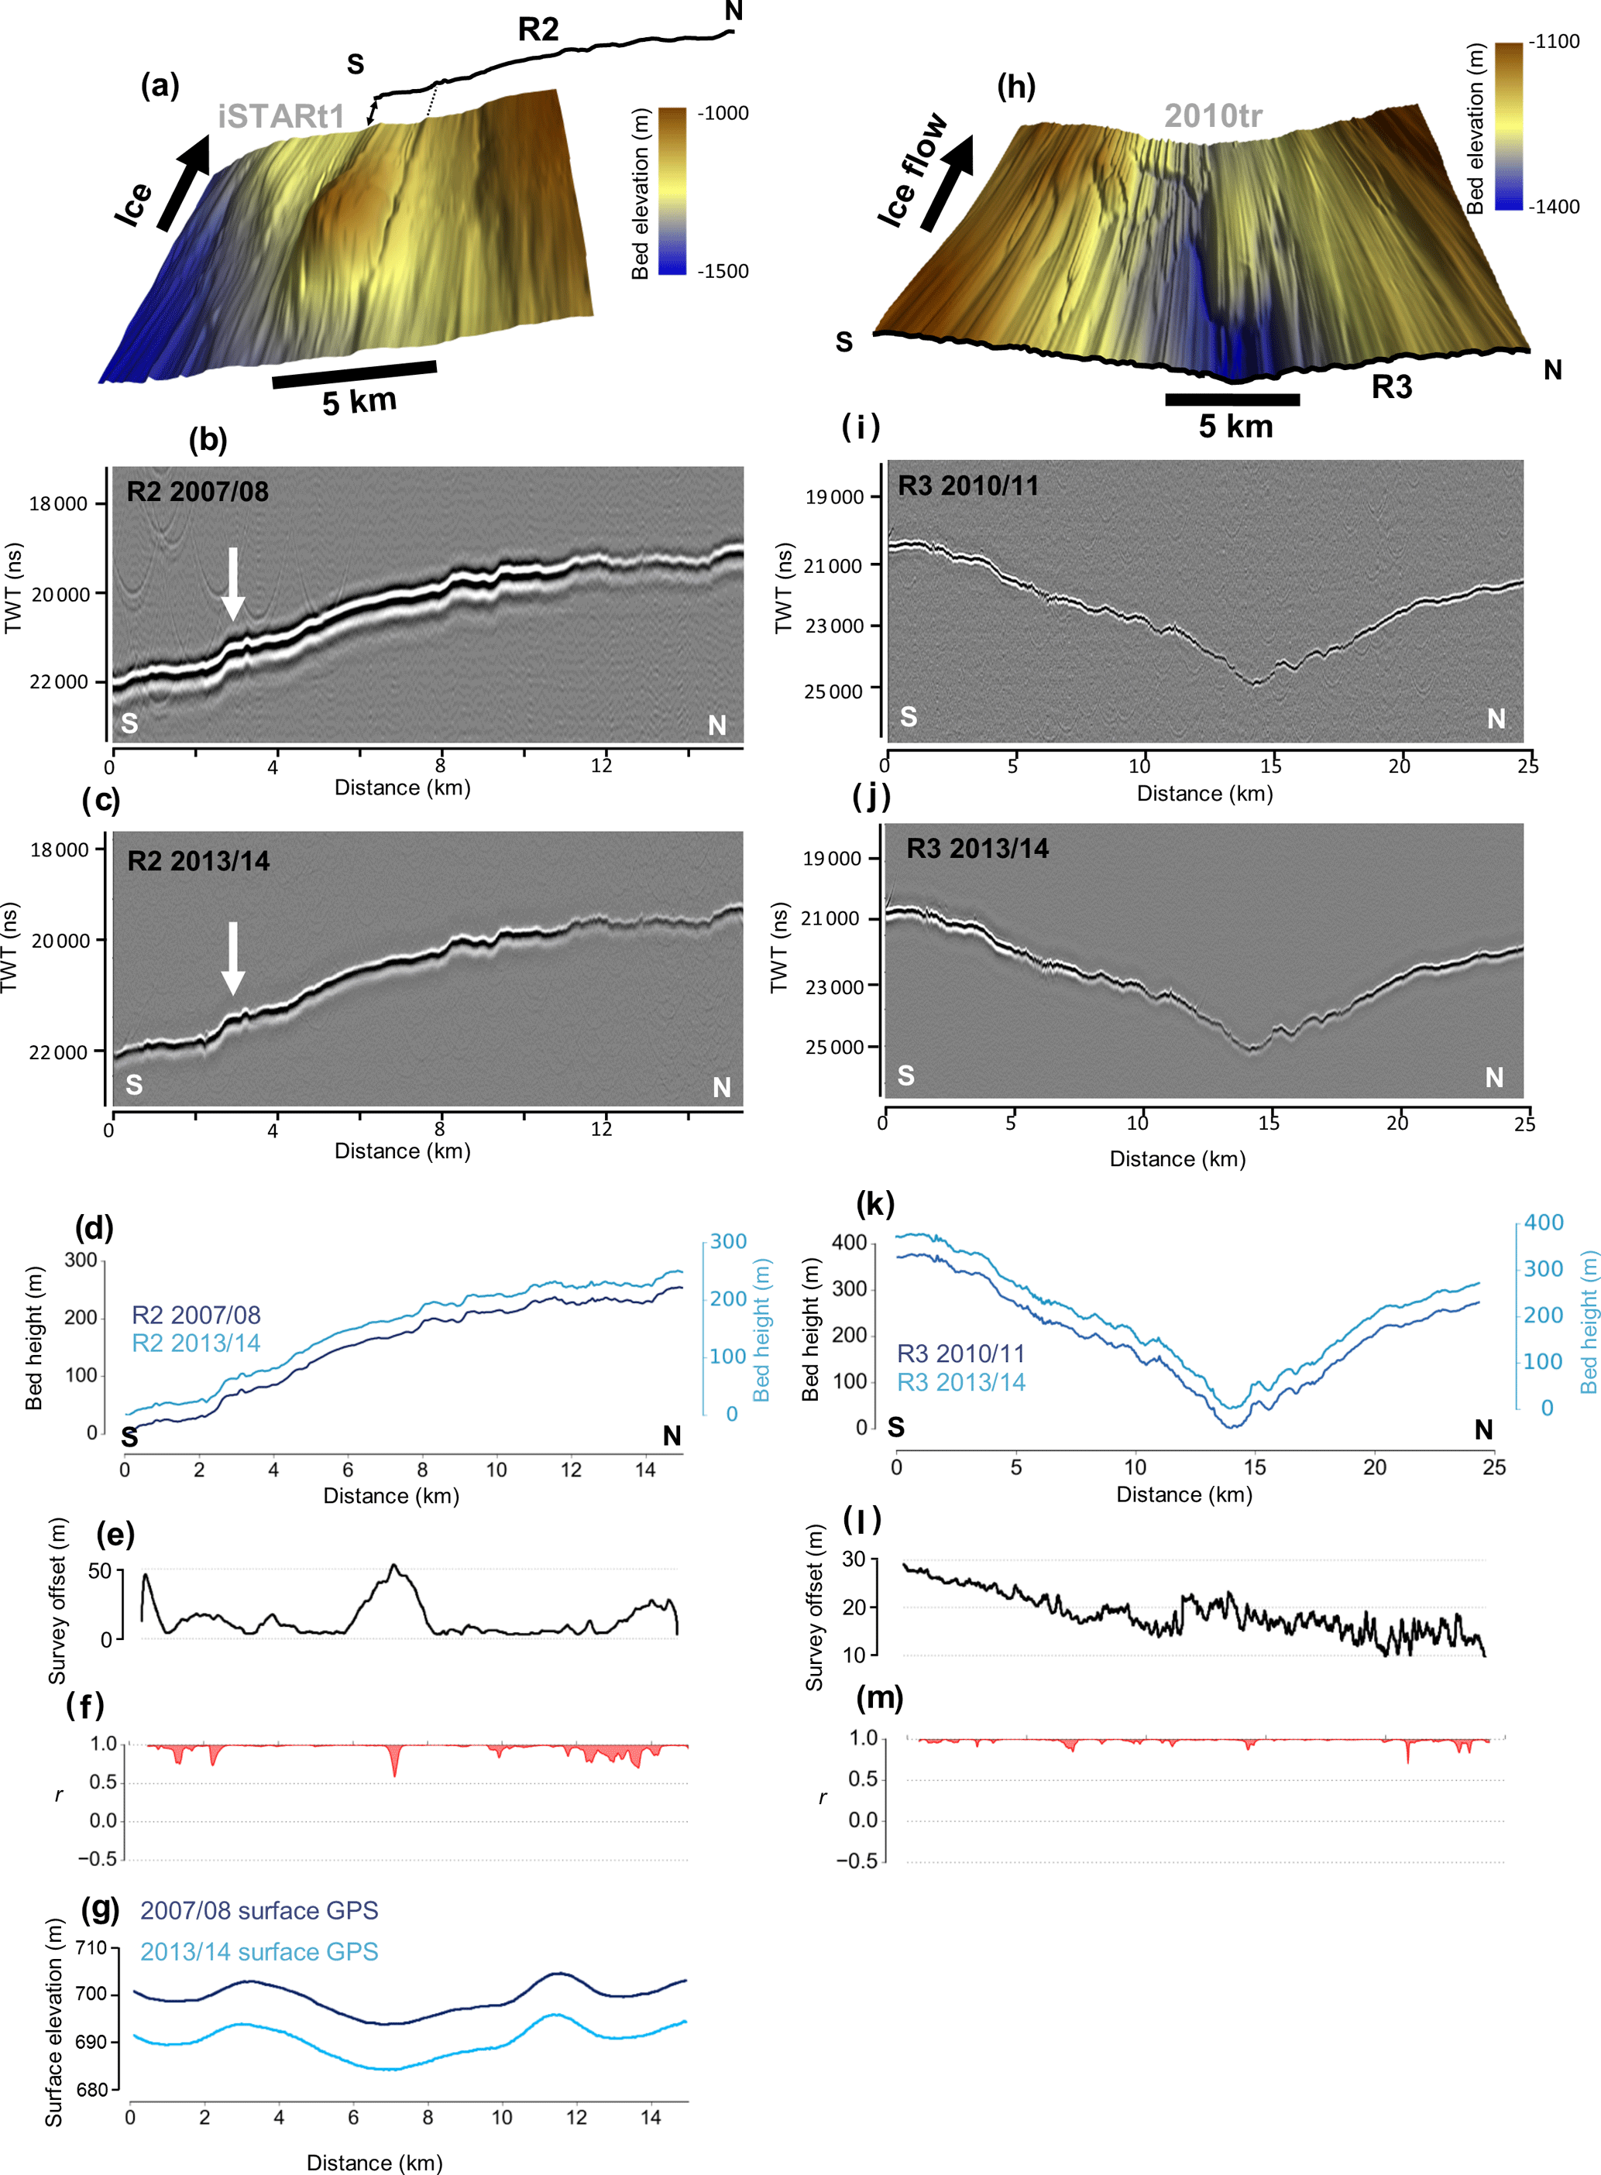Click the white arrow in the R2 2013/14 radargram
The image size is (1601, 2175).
click(x=232, y=957)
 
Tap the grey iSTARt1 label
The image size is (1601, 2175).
click(x=281, y=117)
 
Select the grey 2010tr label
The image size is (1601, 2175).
click(x=1212, y=116)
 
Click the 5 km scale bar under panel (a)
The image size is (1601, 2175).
click(x=355, y=374)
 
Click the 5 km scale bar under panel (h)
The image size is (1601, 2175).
click(x=1232, y=400)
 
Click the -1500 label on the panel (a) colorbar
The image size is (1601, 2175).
click(x=723, y=271)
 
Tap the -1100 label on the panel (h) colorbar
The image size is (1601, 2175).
click(x=1554, y=42)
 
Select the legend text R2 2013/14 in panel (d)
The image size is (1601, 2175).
click(x=196, y=1343)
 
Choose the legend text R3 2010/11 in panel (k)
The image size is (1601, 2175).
click(x=960, y=1353)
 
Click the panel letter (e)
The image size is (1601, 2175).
click(x=115, y=1535)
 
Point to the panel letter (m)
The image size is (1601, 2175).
click(x=880, y=1697)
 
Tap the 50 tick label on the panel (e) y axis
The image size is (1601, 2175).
click(x=100, y=1571)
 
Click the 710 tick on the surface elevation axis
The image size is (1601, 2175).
click(x=91, y=1948)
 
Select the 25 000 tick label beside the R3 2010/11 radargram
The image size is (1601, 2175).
click(x=833, y=691)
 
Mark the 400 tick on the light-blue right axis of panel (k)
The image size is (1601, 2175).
click(x=1544, y=1223)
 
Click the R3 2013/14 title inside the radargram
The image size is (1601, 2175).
click(x=977, y=849)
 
